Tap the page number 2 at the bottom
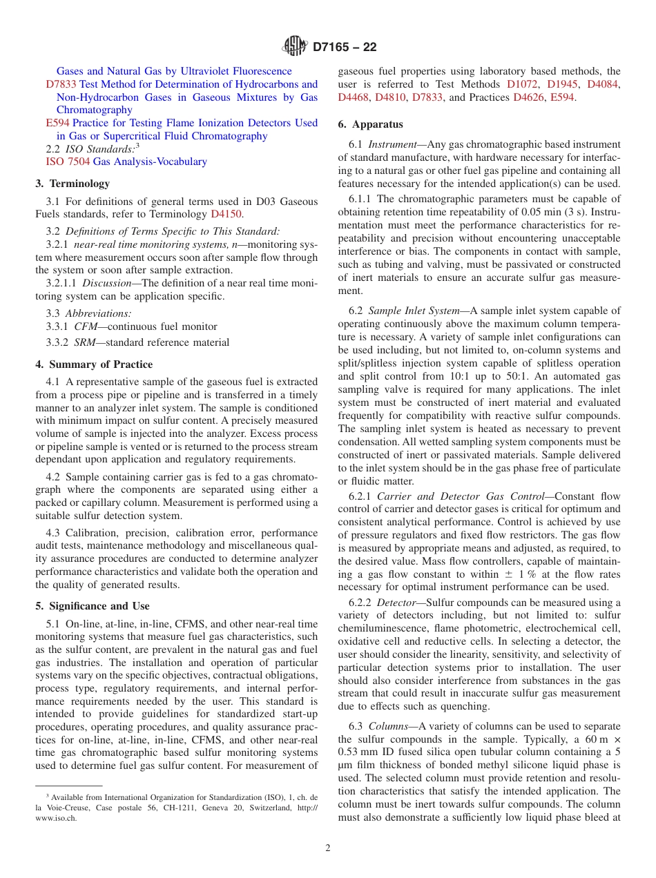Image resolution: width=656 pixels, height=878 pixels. click(328, 848)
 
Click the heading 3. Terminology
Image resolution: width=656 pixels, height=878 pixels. click(73, 184)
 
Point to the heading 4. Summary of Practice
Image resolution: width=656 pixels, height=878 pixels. click(94, 364)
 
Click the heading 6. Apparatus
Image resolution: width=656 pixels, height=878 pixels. click(370, 124)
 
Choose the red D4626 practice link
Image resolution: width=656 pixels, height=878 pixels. click(528, 97)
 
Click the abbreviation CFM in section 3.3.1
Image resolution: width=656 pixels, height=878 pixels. click(86, 326)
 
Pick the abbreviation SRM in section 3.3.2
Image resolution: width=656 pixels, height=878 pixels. click(86, 342)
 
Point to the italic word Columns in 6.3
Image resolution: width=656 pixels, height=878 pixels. click(388, 726)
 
